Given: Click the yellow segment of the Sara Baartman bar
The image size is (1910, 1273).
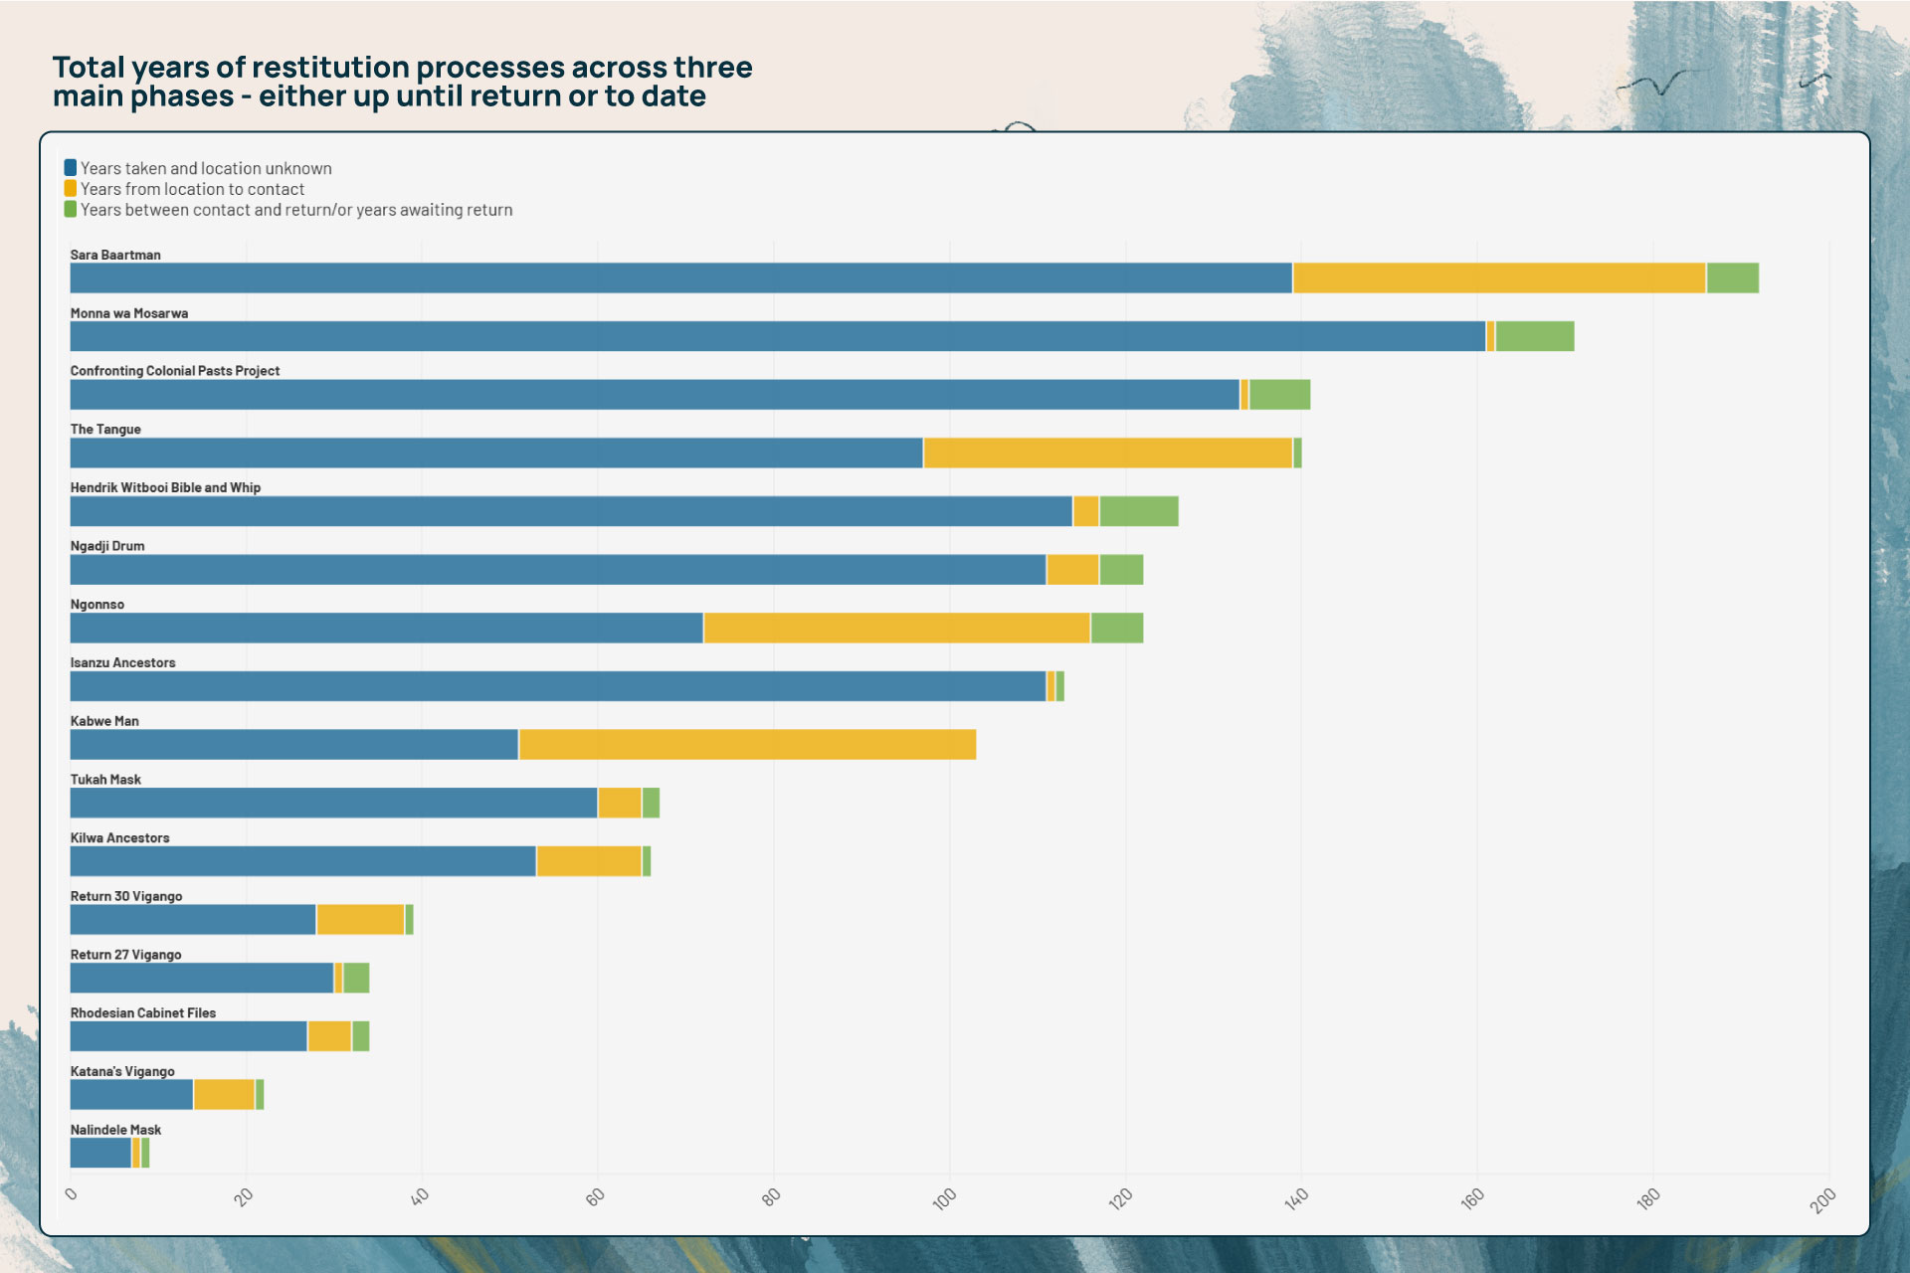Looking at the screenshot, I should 1498,277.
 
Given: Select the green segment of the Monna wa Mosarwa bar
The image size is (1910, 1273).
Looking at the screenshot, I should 1534,336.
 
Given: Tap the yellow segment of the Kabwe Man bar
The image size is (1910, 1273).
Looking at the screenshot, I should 746,744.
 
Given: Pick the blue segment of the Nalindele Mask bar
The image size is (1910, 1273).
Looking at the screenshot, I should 100,1153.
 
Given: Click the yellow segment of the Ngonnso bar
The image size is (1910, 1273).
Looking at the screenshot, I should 896,628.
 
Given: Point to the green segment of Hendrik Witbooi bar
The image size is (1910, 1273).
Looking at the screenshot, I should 1138,511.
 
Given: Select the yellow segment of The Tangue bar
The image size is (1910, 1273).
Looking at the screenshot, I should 1107,453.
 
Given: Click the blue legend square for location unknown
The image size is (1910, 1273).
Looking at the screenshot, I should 71,168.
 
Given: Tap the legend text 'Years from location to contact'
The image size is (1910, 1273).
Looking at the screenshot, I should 192,189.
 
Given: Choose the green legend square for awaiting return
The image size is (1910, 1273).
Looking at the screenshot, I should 71,209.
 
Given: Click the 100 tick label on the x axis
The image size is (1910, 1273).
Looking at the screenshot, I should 944,1197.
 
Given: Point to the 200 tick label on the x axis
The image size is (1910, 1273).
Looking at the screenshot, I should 1822,1200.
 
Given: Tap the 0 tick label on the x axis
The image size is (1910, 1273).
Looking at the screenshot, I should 71,1193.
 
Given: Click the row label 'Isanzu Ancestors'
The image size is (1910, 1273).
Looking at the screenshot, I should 122,662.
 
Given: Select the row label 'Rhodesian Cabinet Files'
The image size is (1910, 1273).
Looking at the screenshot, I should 142,1012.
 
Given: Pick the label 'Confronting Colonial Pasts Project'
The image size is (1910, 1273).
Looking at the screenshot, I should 174,371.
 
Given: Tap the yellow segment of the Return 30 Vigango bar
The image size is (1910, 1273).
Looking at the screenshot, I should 360,919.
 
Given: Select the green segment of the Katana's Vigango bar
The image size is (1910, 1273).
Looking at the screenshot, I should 260,1094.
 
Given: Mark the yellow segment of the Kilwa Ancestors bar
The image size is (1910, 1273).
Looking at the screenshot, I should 589,861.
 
